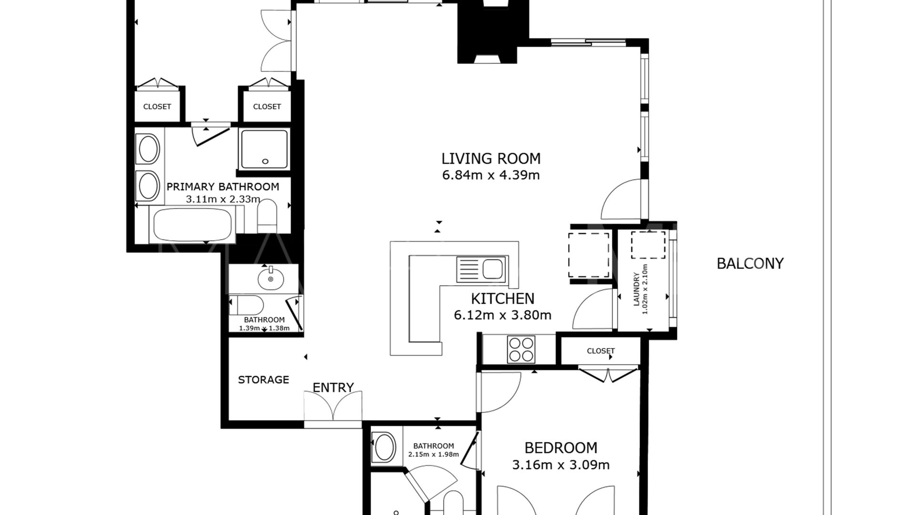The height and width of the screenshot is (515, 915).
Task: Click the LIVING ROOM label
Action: pyautogui.click(x=491, y=158)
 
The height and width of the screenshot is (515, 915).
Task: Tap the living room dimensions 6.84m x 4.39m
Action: pyautogui.click(x=491, y=175)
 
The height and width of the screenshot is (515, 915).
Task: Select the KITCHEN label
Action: pyautogui.click(x=503, y=299)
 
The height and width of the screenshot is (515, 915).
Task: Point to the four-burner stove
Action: pyautogui.click(x=521, y=350)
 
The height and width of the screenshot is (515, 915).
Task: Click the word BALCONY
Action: pyautogui.click(x=750, y=264)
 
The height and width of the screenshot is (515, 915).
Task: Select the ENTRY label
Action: pyautogui.click(x=333, y=388)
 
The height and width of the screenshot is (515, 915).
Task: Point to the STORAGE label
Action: pyautogui.click(x=264, y=380)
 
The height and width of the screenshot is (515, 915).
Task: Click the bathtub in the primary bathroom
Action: pyautogui.click(x=193, y=224)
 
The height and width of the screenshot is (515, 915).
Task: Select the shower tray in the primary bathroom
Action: pyautogui.click(x=264, y=149)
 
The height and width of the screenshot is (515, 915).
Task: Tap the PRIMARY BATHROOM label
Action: pyautogui.click(x=223, y=187)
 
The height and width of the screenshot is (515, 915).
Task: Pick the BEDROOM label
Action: pyautogui.click(x=561, y=448)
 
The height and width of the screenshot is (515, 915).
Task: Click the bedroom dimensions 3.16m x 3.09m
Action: pyautogui.click(x=561, y=465)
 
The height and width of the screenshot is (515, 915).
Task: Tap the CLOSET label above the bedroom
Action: pyautogui.click(x=601, y=351)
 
